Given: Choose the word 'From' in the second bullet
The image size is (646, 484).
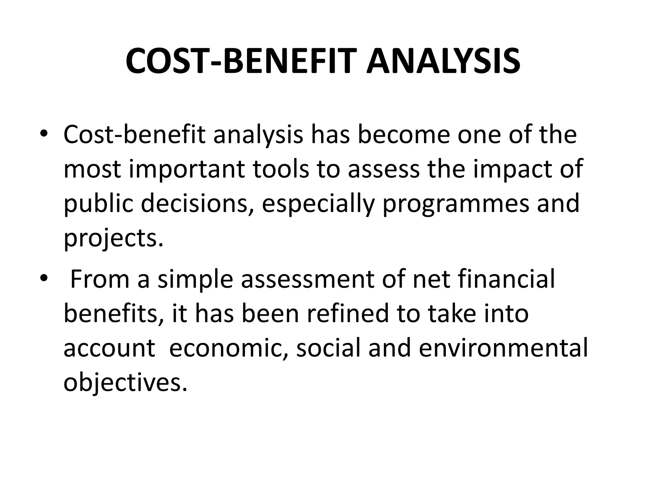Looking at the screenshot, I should [100, 279].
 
